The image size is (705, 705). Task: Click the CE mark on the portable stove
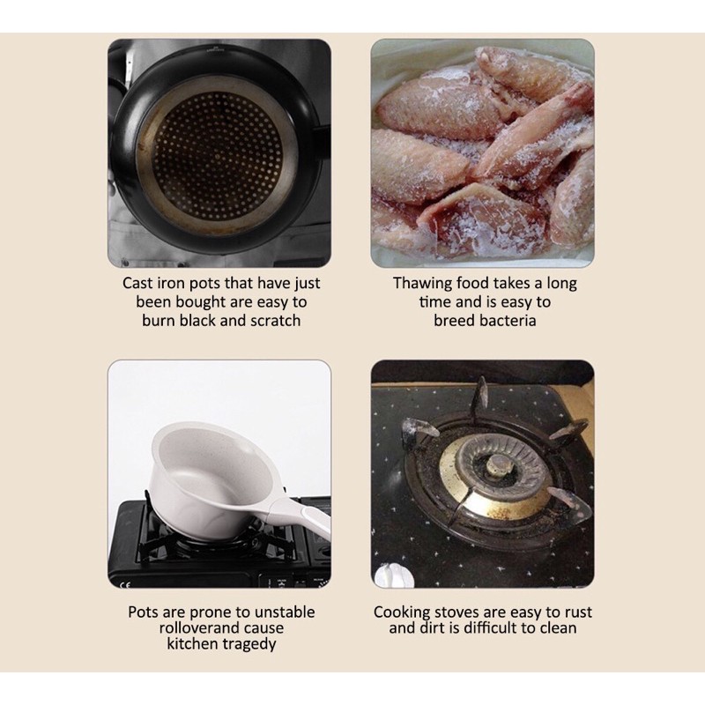125,584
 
